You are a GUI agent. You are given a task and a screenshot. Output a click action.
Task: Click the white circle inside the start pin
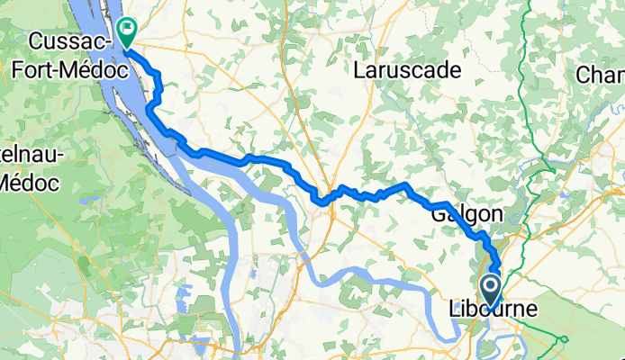coord(491,287)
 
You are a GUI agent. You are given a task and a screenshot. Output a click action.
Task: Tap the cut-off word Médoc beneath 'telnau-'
coord(27,181)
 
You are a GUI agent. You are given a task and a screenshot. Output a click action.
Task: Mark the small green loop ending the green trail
coord(564,339)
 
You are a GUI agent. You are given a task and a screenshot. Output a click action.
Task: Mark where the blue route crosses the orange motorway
coord(331,199)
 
